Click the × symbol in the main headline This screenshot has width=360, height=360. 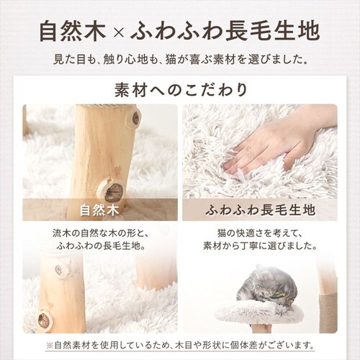pyautogui.click(x=118, y=33)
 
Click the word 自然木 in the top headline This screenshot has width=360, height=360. pyautogui.click(x=73, y=32)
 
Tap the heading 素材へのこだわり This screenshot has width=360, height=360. pyautogui.click(x=181, y=90)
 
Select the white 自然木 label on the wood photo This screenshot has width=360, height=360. pyautogui.click(x=99, y=210)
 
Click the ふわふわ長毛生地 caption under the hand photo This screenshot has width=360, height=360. pyautogui.click(x=260, y=210)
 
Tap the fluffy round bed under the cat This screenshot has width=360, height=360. pyautogui.click(x=260, y=311)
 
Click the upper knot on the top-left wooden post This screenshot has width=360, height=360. pyautogui.click(x=136, y=118)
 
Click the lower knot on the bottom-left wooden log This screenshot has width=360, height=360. pyautogui.click(x=44, y=319)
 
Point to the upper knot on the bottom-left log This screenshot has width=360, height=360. pyautogui.click(x=59, y=271)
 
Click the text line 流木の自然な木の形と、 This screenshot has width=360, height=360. pyautogui.click(x=101, y=234)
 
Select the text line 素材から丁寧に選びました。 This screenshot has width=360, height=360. pyautogui.click(x=260, y=246)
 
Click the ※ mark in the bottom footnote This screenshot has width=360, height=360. pyautogui.click(x=50, y=346)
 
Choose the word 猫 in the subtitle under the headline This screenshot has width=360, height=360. pyautogui.click(x=171, y=60)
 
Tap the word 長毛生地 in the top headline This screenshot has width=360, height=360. pyautogui.click(x=272, y=32)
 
